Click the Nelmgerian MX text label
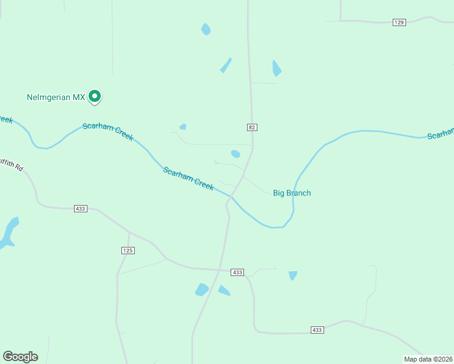(x=56, y=97)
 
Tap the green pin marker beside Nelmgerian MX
(x=95, y=96)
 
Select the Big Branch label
(x=292, y=193)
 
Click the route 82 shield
(x=252, y=127)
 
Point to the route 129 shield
(x=399, y=22)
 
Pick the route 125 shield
(x=127, y=251)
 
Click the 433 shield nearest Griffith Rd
(x=81, y=209)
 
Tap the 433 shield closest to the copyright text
(x=317, y=330)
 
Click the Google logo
(x=20, y=357)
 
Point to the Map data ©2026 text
(x=428, y=359)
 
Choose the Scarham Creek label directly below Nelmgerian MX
(x=108, y=131)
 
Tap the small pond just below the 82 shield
(x=235, y=153)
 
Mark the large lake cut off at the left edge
(x=8, y=233)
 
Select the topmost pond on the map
(x=206, y=29)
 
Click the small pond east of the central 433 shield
(x=293, y=275)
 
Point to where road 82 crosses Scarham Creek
(x=232, y=197)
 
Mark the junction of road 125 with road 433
(x=129, y=232)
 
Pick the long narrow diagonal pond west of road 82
(x=226, y=65)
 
